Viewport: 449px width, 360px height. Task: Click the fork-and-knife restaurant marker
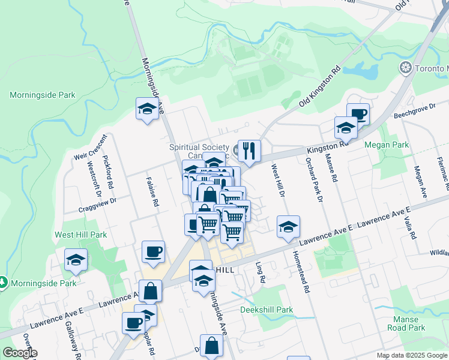249,151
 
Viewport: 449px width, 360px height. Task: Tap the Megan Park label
387,145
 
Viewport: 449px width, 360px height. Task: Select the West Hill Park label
80,235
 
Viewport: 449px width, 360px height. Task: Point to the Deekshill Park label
267,310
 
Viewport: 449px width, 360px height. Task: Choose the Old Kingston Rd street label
320,86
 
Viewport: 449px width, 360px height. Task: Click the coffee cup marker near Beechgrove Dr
358,114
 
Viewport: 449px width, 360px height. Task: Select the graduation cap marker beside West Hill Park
76,260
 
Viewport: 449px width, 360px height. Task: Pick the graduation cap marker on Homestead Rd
288,227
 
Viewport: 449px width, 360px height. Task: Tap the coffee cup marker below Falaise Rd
153,251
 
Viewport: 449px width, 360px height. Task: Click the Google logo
20,353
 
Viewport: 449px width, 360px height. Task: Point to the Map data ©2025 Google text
412,355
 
